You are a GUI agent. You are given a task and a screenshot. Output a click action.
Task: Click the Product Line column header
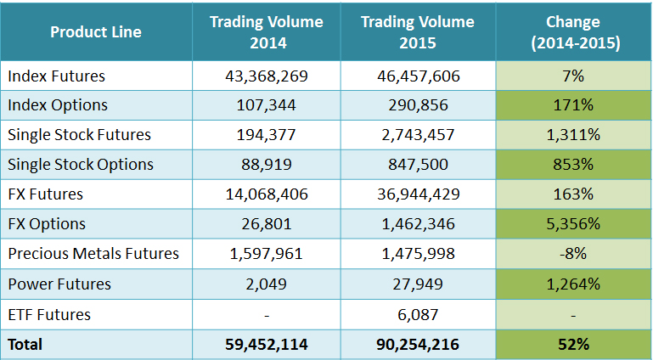point(96,32)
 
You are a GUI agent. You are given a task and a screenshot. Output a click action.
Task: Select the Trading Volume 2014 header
point(267,32)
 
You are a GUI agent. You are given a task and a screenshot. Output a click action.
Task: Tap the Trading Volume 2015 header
point(418,32)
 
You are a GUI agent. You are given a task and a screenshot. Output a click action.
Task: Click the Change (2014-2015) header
point(573,32)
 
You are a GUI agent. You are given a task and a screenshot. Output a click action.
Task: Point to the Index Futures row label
point(57,76)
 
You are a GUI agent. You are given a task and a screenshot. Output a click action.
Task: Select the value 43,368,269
point(267,76)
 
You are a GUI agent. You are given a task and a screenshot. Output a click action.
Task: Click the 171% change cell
point(573,105)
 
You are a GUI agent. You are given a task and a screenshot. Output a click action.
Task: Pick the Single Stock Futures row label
point(79,135)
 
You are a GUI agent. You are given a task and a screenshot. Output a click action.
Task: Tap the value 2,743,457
point(418,135)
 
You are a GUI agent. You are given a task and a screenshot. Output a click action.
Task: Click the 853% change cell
point(573,165)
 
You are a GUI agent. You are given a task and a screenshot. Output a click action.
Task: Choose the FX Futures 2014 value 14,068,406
point(267,194)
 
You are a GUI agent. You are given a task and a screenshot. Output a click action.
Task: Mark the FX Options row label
point(47,224)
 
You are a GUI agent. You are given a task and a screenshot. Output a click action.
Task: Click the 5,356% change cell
point(573,224)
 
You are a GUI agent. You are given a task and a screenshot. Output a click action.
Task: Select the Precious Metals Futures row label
point(93,254)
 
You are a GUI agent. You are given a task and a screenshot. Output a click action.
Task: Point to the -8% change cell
point(573,254)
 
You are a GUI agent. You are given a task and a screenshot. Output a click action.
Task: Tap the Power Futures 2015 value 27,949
point(418,284)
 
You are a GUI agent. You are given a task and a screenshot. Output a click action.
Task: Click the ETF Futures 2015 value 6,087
point(418,314)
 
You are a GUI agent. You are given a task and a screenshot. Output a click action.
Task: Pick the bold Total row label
point(25,345)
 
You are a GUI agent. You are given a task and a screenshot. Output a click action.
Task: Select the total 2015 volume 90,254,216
point(418,345)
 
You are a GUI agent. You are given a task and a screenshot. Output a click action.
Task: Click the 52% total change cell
point(573,345)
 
